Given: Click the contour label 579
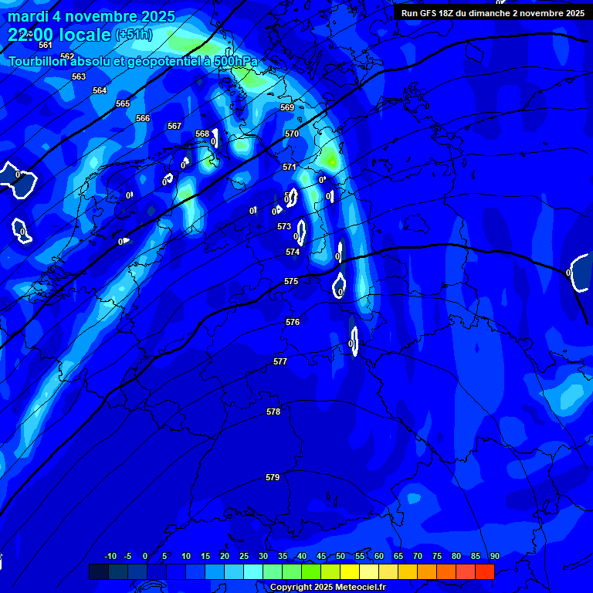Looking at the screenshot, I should click(273, 478).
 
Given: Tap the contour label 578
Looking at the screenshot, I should click(273, 412).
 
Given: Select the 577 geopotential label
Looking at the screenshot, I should click(280, 362).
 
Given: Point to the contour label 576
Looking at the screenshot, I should click(293, 322).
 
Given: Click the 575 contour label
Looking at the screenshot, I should click(291, 282).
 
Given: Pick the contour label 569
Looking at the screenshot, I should click(287, 108).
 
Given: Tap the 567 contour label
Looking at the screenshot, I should click(175, 126).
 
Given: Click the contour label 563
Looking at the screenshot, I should click(79, 76).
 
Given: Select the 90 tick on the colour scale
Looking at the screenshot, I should click(494, 557).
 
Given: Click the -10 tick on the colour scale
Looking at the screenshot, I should click(110, 557).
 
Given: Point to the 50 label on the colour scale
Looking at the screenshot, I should click(341, 557).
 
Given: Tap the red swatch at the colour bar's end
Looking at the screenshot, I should click(485, 571).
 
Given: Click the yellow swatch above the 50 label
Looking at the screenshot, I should click(350, 571).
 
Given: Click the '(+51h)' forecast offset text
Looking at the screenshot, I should click(134, 35).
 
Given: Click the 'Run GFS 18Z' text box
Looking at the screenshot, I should click(493, 13).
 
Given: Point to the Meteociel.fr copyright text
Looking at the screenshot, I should click(327, 588).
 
